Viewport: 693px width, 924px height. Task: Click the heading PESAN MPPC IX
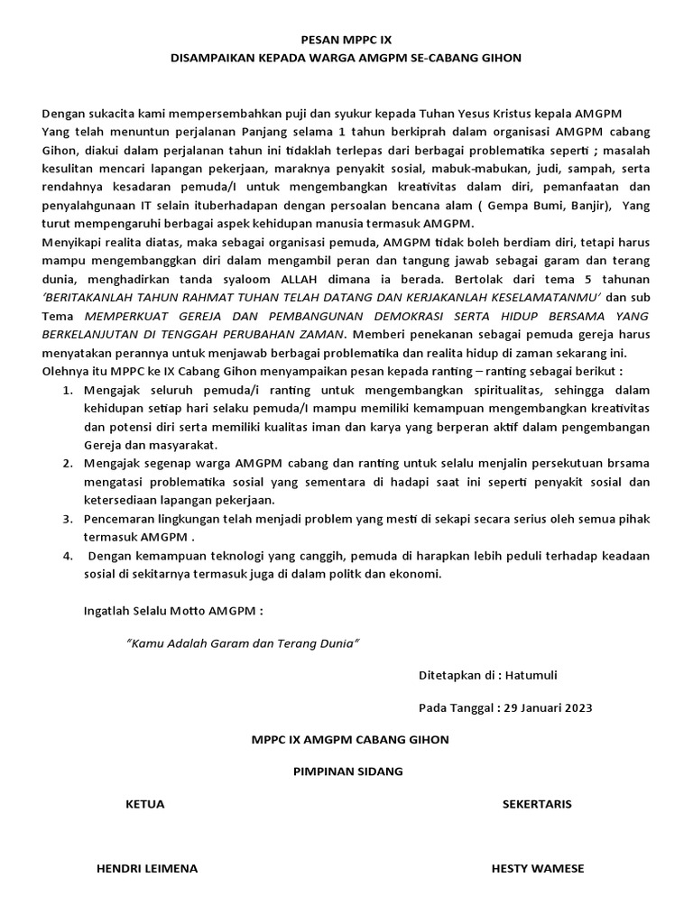(x=346, y=40)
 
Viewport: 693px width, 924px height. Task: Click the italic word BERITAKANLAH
(x=87, y=299)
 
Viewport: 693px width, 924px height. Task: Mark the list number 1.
(x=68, y=390)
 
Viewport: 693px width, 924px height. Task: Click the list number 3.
(x=68, y=520)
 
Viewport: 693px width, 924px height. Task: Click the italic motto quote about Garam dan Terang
(x=243, y=644)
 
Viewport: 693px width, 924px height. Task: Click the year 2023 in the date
(x=575, y=707)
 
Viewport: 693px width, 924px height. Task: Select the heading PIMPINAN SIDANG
(x=348, y=772)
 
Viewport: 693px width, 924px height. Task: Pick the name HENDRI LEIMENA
(x=146, y=868)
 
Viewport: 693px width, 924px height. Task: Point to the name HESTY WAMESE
(x=537, y=868)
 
